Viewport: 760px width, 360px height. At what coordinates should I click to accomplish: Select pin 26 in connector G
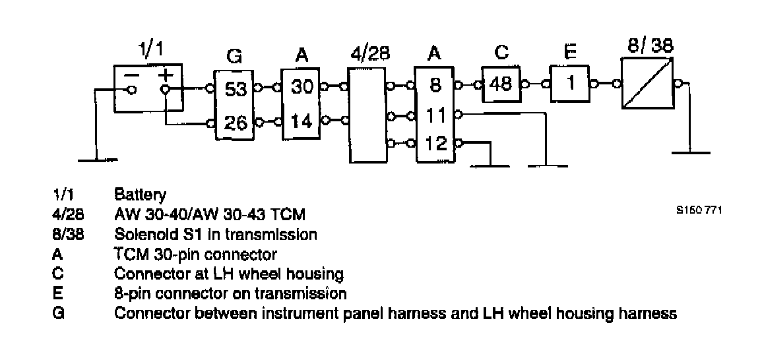pos(236,123)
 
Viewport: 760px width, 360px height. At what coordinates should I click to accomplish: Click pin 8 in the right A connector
pos(435,85)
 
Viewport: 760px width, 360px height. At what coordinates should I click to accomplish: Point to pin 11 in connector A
pos(435,114)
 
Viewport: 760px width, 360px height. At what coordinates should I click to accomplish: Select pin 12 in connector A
pos(435,142)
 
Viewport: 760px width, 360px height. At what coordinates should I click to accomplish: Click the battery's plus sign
pos(165,75)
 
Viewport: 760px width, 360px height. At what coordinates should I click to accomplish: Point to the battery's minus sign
pos(132,75)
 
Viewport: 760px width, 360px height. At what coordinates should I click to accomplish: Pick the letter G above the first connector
pos(234,57)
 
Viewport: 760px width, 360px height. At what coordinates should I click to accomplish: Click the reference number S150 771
pos(699,211)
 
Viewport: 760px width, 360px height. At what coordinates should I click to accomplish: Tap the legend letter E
pos(57,293)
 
